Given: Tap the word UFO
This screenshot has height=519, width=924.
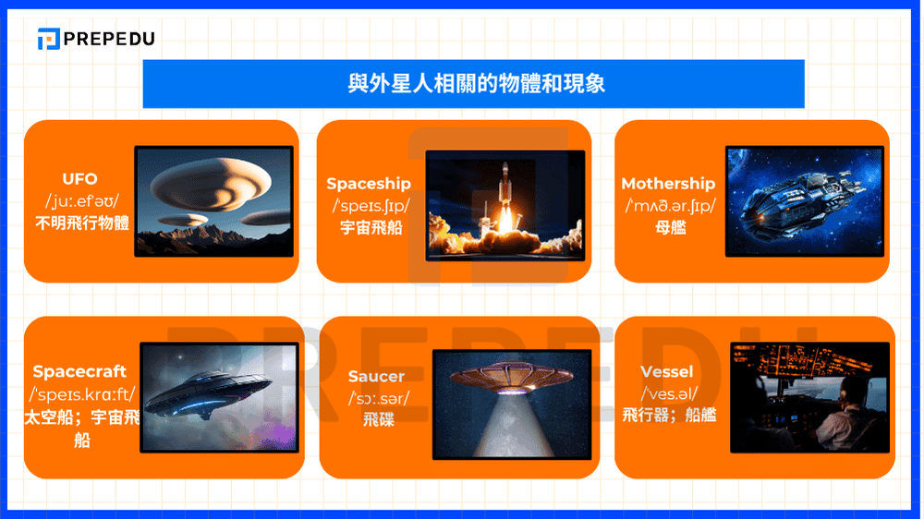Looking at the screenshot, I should pyautogui.click(x=79, y=178).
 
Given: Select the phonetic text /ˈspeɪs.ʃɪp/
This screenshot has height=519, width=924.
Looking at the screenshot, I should pyautogui.click(x=368, y=206).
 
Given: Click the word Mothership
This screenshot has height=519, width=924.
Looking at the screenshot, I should pyautogui.click(x=668, y=184).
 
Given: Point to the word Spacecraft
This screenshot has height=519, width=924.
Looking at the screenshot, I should pyautogui.click(x=79, y=371).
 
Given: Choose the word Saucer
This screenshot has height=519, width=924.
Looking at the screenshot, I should pyautogui.click(x=376, y=377).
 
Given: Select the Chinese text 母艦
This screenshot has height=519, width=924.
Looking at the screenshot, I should pyautogui.click(x=668, y=227).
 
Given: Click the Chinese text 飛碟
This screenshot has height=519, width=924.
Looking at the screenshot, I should pyautogui.click(x=376, y=420).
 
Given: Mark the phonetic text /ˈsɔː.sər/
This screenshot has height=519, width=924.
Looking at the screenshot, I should pyautogui.click(x=376, y=398).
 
